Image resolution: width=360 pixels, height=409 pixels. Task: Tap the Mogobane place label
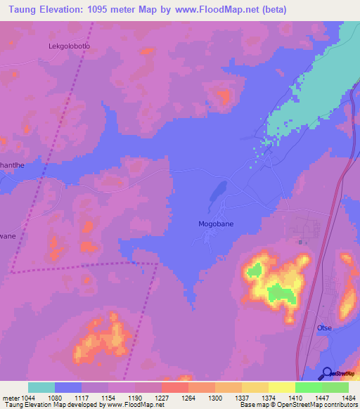pos(211,226)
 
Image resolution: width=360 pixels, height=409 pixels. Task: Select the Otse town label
pos(323,328)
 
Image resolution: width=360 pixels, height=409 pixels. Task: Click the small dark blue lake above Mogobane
pos(217,190)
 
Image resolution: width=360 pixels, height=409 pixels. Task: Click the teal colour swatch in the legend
pos(41,387)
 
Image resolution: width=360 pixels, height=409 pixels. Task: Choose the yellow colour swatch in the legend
pos(282,387)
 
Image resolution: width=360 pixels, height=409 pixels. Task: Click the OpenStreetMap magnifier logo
pos(326,373)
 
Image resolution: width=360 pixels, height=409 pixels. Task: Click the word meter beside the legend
pos(11,397)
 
